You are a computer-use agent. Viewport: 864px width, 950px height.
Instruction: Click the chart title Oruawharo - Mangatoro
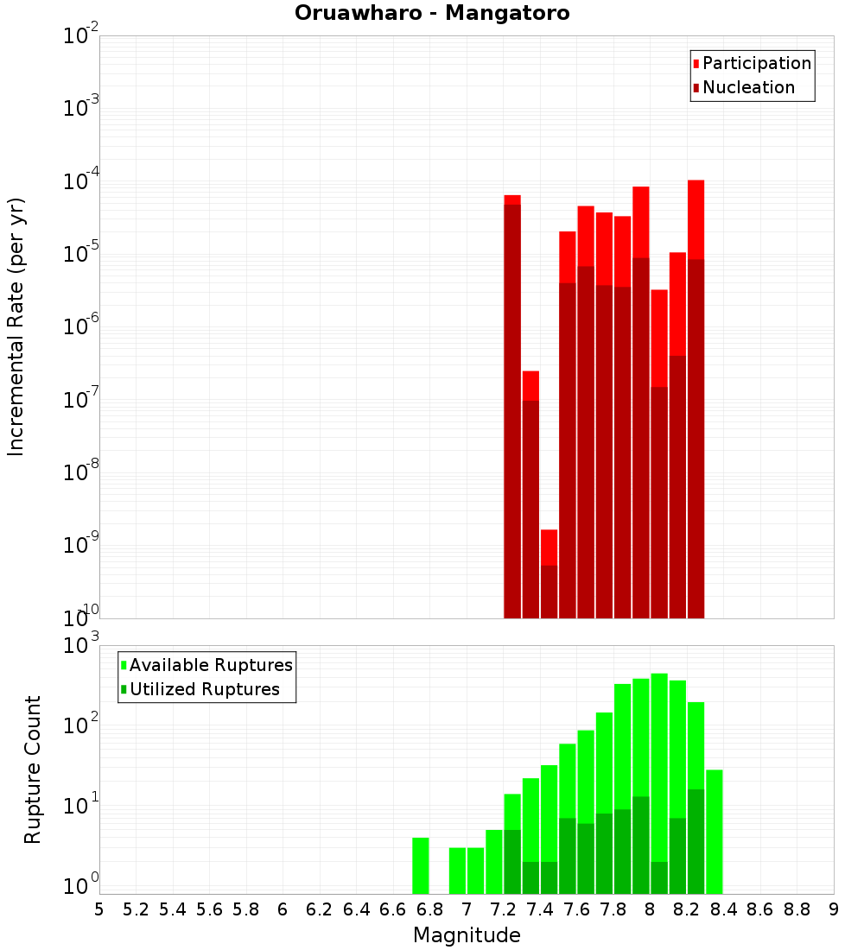coord(432,14)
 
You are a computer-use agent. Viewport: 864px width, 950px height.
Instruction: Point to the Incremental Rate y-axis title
coord(17,326)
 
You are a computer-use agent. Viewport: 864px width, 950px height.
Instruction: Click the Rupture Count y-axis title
coord(33,769)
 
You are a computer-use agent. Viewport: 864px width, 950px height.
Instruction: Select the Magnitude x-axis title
coord(467,935)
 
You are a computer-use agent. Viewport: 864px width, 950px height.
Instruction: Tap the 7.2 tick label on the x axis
coord(503,909)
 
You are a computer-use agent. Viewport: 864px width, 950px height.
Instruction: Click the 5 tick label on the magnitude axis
coord(99,909)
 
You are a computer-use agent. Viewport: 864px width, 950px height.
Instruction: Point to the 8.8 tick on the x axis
coord(797,909)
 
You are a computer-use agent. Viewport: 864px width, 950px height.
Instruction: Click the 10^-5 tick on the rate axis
coord(81,254)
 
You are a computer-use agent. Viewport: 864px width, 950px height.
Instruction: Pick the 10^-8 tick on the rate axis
coord(81,472)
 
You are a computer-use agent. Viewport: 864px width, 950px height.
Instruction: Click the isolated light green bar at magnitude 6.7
coord(421,865)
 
